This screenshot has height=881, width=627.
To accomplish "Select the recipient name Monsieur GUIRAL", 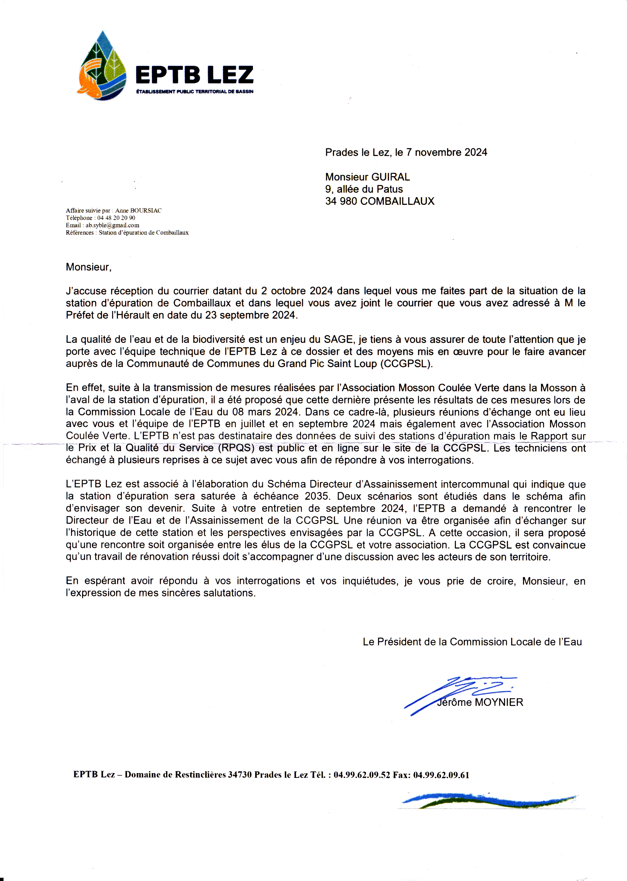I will (367, 177).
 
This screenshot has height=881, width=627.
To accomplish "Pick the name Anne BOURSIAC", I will (138, 210).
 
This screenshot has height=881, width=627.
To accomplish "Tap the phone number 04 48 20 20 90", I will (116, 218).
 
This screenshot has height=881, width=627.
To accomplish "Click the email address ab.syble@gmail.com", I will (112, 225).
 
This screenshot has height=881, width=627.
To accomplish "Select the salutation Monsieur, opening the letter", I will (88, 267).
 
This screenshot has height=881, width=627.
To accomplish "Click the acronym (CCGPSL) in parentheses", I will (406, 364).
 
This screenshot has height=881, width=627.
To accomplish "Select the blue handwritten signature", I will (459, 695).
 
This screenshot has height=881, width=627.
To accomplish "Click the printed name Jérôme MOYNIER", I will (480, 702).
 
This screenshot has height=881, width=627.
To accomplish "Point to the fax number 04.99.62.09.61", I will (441, 775).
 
